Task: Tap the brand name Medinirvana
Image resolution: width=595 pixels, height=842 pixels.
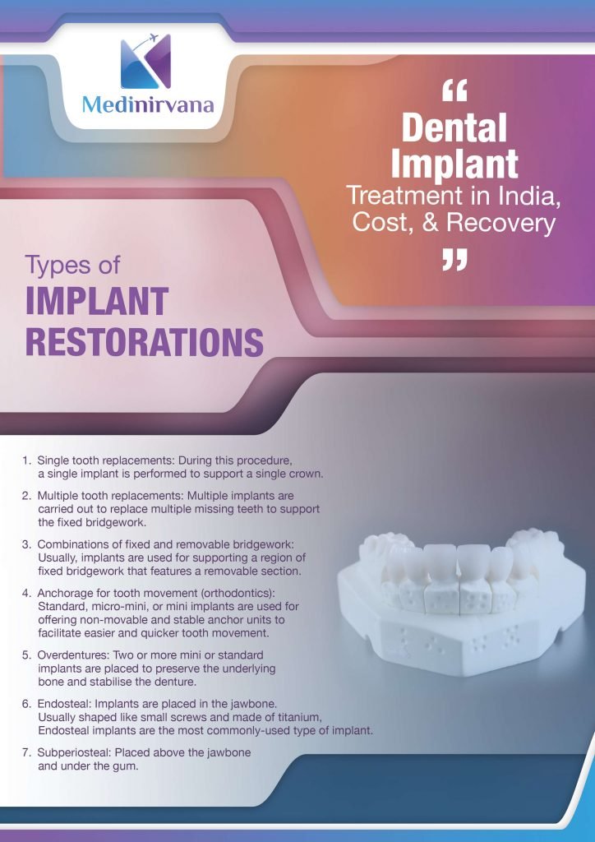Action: [x=148, y=104]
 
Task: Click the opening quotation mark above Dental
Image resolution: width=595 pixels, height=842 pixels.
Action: [x=454, y=90]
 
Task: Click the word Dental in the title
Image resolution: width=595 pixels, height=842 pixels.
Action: [x=454, y=127]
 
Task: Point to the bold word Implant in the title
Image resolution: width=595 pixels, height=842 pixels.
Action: [x=454, y=164]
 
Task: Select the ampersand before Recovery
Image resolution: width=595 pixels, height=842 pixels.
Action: [x=430, y=223]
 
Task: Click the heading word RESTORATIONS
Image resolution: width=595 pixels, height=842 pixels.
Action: [x=145, y=341]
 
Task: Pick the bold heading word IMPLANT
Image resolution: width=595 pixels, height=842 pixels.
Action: [x=97, y=301]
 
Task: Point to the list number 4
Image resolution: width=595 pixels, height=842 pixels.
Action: [x=26, y=594]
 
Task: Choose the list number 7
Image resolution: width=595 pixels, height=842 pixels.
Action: [x=26, y=752]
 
